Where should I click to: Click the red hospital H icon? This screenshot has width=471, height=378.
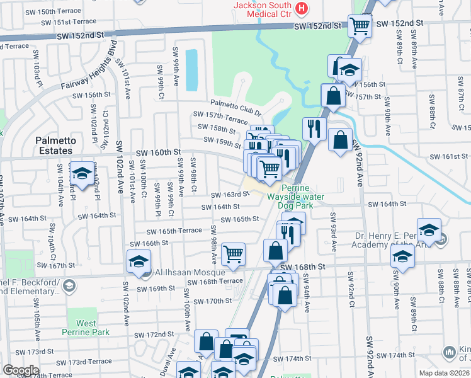[x=303, y=8]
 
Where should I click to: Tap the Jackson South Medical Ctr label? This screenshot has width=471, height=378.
[x=264, y=8]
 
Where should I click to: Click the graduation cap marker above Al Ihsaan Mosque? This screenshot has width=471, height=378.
[x=139, y=261]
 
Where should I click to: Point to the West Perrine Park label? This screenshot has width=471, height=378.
[x=85, y=328]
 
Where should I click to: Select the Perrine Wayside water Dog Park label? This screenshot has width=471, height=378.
[x=303, y=196]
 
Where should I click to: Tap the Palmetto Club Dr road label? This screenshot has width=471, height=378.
[x=235, y=108]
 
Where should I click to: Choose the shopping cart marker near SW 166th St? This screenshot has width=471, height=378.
[x=234, y=254]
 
